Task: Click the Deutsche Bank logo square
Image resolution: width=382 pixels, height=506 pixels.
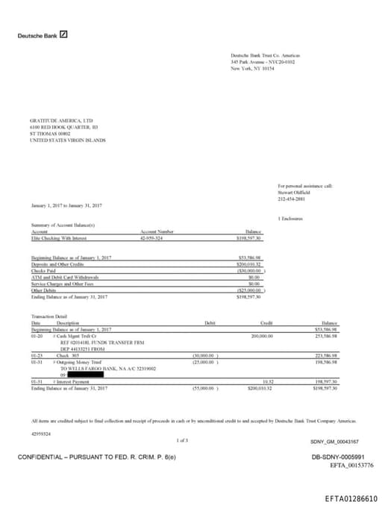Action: pos(63,34)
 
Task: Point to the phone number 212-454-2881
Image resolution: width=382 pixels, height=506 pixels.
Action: pos(292,199)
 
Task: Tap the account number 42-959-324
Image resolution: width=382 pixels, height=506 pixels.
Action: pos(152,237)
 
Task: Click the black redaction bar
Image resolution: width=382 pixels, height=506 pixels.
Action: pos(101,374)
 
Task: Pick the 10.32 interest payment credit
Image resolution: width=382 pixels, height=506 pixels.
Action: pos(268,381)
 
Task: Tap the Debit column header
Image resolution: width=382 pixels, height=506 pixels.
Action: pos(210,322)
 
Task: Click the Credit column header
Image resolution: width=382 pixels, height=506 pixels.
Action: pos(266,322)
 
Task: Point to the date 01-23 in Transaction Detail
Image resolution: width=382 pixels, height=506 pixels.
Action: pos(37,356)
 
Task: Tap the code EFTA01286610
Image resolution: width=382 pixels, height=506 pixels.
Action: pos(351,497)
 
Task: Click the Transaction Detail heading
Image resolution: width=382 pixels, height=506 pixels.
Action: pos(48,316)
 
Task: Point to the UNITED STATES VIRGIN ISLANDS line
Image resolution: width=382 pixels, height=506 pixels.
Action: pos(67,140)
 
